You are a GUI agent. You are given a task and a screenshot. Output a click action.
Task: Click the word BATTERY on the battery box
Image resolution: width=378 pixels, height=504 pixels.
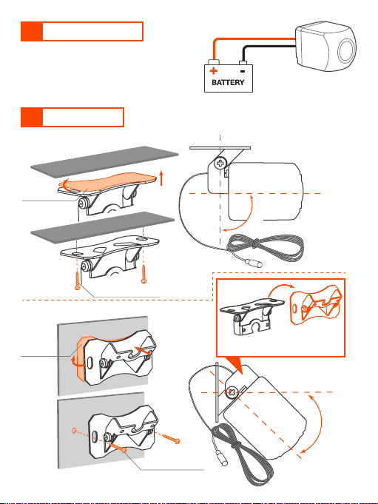(228, 82)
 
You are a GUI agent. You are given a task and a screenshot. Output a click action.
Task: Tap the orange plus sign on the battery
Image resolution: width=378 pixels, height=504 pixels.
(213, 71)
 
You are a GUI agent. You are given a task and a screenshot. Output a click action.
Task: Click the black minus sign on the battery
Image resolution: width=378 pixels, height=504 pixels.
(243, 71)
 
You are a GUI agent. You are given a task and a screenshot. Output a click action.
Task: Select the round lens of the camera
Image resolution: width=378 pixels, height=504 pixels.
(346, 50)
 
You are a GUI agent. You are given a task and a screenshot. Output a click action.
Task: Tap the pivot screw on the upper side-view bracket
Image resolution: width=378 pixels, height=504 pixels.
(220, 163)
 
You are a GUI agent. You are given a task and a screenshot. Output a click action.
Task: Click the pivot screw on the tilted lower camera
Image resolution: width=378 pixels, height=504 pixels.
(232, 392)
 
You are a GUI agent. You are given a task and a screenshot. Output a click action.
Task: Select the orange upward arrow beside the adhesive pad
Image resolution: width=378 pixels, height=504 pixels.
(161, 178)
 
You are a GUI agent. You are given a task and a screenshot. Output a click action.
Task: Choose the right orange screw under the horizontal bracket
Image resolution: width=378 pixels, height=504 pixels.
(144, 275)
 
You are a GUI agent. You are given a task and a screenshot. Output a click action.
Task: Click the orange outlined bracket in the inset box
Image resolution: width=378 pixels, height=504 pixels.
(316, 305)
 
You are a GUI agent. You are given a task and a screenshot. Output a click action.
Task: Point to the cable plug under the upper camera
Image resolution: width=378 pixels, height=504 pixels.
(254, 263)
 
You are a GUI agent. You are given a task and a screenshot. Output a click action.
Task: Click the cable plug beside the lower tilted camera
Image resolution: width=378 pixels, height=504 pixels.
(222, 458)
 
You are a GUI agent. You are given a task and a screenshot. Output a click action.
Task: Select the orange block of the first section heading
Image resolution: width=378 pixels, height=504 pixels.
(32, 32)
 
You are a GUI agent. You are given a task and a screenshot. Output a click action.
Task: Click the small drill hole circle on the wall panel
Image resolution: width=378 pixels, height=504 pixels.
(74, 431)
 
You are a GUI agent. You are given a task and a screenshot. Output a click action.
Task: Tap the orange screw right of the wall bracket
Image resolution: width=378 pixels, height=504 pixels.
(171, 438)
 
